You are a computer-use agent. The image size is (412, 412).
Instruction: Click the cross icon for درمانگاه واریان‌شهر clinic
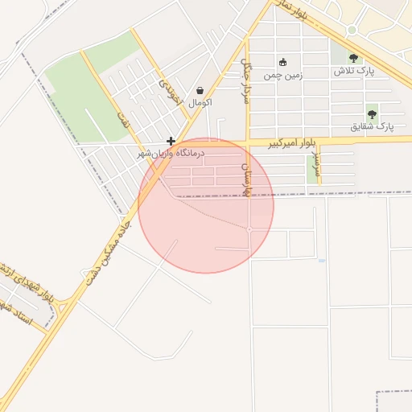point(171,141)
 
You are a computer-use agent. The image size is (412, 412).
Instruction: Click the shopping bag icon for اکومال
point(200,90)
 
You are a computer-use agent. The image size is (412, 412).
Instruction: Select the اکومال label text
point(199,103)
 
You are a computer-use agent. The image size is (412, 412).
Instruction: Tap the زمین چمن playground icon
point(282,63)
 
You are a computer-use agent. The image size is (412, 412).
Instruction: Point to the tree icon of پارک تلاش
point(353,58)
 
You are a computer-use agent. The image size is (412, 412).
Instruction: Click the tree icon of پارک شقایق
point(372,114)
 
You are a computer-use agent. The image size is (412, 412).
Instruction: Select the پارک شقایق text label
point(373,127)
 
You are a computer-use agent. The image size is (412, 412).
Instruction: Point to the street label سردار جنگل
point(246,81)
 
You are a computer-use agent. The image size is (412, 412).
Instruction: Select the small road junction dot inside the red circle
point(249,230)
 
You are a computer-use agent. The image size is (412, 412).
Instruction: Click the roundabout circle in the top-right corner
point(352,31)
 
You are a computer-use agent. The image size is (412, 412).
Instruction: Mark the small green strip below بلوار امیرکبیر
point(312,168)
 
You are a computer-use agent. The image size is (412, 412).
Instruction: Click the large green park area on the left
point(80,89)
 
